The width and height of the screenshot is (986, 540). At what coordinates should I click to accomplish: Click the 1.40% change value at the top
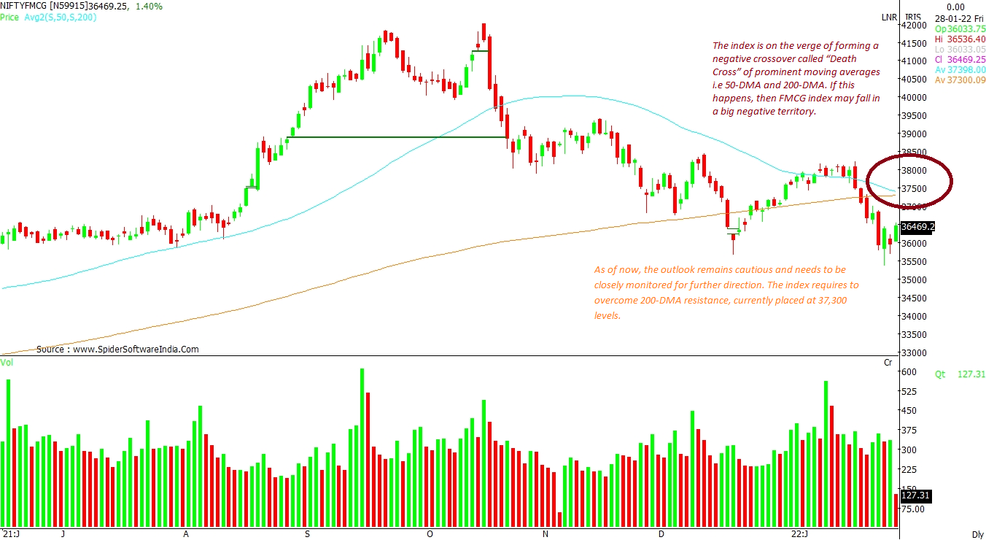pyautogui.click(x=150, y=6)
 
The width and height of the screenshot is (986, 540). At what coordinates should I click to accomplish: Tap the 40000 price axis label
pyautogui.click(x=915, y=98)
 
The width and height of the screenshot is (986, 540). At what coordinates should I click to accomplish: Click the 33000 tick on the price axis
pyautogui.click(x=915, y=353)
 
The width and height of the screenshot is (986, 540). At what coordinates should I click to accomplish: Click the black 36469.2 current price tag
pyautogui.click(x=917, y=227)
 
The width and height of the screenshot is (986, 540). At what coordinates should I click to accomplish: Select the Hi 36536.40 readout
pyautogui.click(x=960, y=39)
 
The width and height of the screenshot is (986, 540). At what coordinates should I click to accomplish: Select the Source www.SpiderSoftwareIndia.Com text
pyautogui.click(x=117, y=350)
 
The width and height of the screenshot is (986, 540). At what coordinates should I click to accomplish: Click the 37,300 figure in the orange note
pyautogui.click(x=830, y=301)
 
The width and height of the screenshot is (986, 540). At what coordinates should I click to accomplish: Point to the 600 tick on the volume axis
pyautogui.click(x=909, y=372)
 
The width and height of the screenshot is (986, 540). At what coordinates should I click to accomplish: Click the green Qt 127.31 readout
pyautogui.click(x=960, y=374)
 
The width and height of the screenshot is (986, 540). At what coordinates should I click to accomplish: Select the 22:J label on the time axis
pyautogui.click(x=800, y=534)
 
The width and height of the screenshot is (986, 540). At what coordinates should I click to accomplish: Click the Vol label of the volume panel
pyautogui.click(x=7, y=363)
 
